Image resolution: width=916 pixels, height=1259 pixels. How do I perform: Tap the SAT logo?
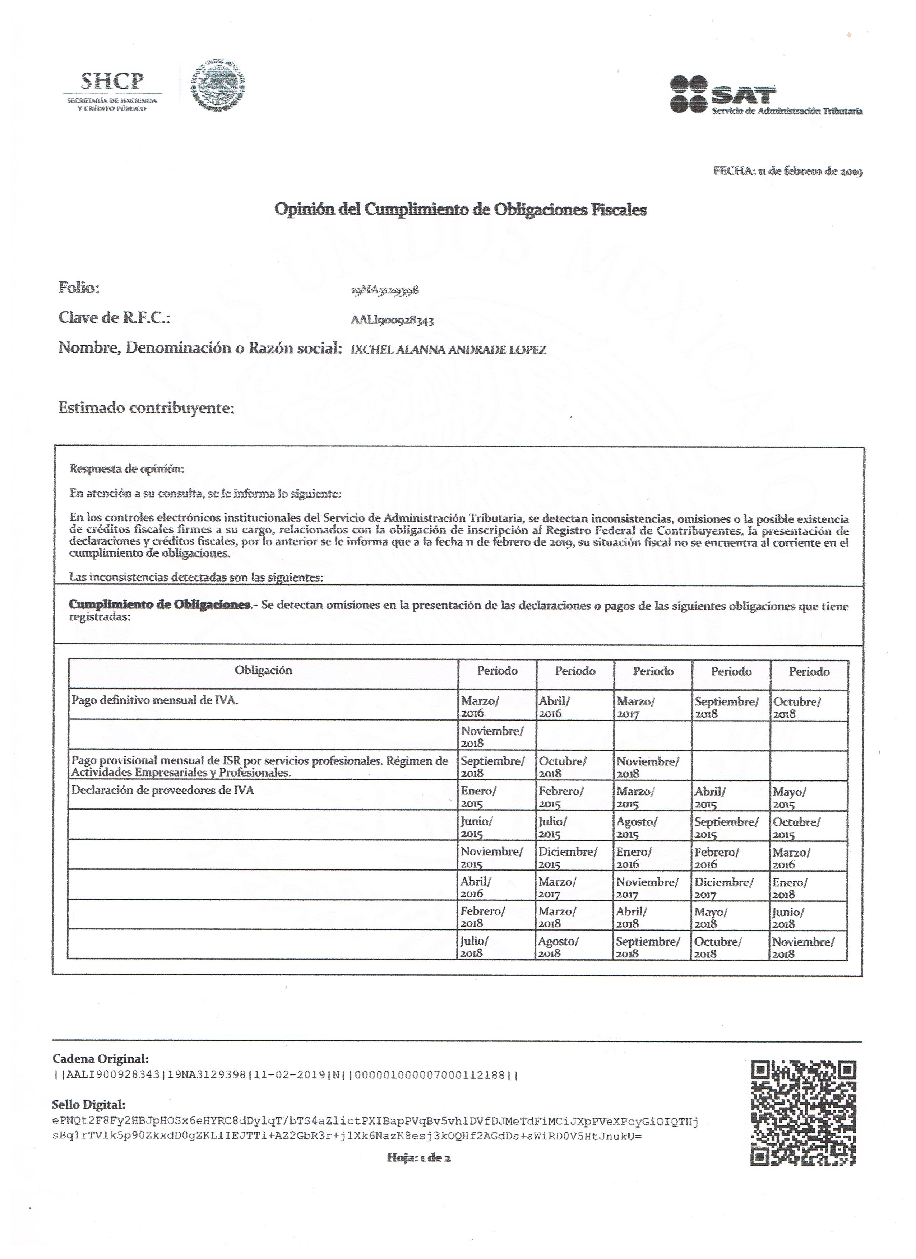click(x=765, y=95)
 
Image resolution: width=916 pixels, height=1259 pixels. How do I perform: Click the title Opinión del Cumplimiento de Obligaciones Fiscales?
click(x=461, y=210)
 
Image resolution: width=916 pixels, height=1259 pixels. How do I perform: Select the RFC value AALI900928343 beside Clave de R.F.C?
click(x=392, y=320)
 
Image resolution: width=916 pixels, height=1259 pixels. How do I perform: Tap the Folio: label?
click(x=79, y=288)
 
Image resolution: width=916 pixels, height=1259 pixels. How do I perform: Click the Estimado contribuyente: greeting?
click(x=146, y=409)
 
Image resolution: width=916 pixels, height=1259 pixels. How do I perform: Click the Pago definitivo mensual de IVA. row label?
click(x=155, y=700)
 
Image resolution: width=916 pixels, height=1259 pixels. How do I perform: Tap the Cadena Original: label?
click(x=101, y=1059)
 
